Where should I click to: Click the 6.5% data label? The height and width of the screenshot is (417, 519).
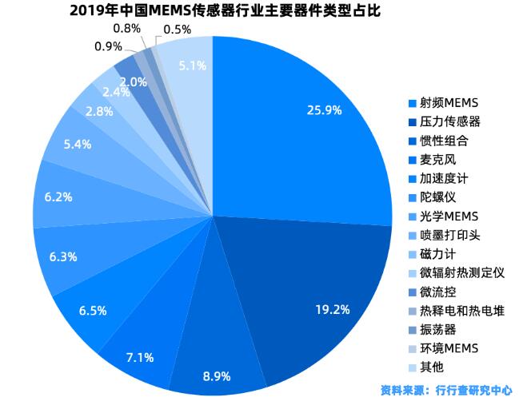point(93,310)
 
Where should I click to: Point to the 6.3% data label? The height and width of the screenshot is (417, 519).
point(62,257)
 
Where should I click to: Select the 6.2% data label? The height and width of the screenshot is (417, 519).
point(58,195)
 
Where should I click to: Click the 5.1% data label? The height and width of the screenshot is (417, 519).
point(194,66)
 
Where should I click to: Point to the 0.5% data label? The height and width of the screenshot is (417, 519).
point(177,30)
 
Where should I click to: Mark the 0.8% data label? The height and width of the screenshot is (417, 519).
point(126,28)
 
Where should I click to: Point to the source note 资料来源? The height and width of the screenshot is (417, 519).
point(446,391)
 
